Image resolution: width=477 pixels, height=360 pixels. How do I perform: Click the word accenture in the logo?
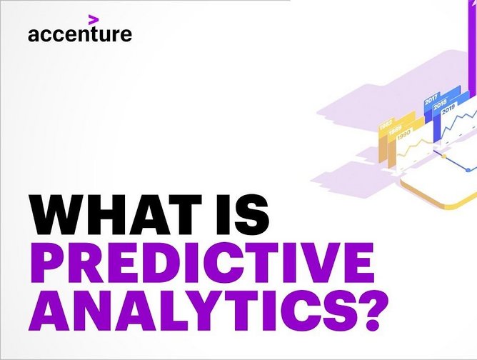(x=80, y=34)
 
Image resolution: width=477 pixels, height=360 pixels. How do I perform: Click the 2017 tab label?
(x=431, y=100)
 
